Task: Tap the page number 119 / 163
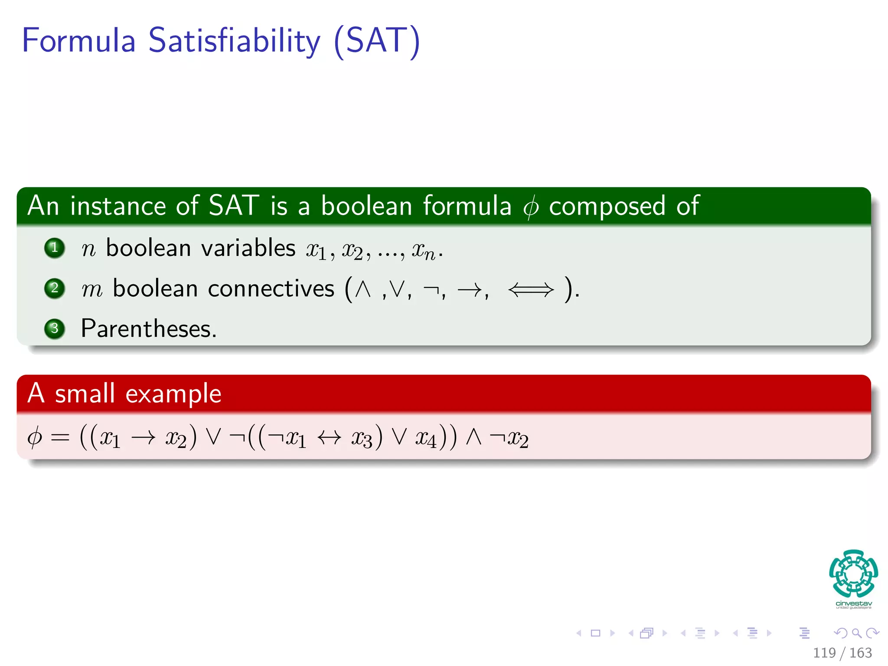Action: pyautogui.click(x=842, y=653)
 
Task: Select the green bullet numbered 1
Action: pyautogui.click(x=55, y=248)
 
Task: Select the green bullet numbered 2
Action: pyautogui.click(x=55, y=288)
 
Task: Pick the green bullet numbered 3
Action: pyautogui.click(x=55, y=328)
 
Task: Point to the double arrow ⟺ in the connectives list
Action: pyautogui.click(x=531, y=289)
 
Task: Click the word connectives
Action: pyautogui.click(x=271, y=289)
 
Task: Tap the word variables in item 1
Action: pyautogui.click(x=248, y=248)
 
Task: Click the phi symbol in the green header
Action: pyautogui.click(x=531, y=207)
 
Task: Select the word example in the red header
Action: pyautogui.click(x=173, y=395)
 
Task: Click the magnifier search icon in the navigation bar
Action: pyautogui.click(x=856, y=633)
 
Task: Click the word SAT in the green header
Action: pyautogui.click(x=234, y=206)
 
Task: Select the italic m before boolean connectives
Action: pyautogui.click(x=92, y=289)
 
